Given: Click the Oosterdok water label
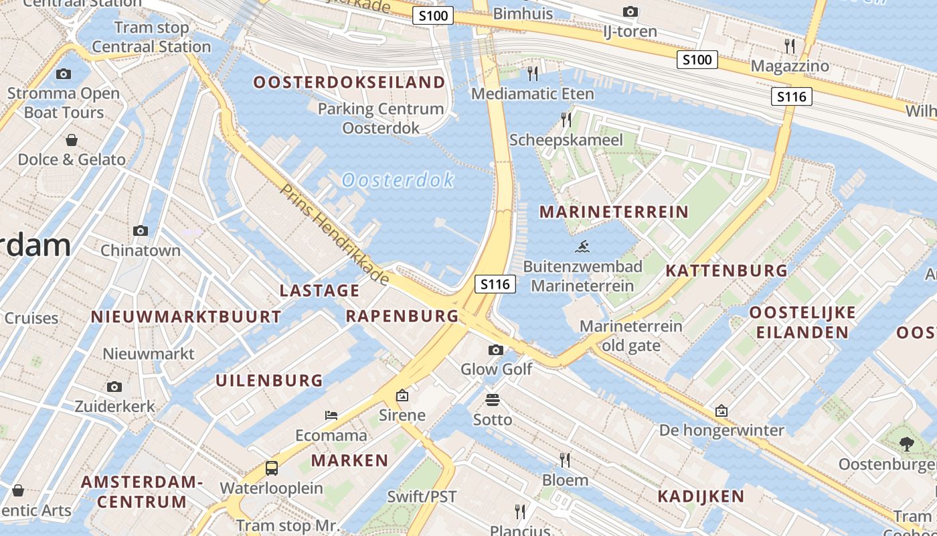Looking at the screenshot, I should [x=398, y=180].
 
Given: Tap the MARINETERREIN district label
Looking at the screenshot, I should [x=614, y=212].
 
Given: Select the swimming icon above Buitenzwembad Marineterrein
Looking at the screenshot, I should [x=582, y=247].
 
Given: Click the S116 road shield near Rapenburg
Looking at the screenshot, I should [x=496, y=284].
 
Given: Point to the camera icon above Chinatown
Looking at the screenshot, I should [x=141, y=230].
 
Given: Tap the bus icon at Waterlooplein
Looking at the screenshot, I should [x=272, y=468].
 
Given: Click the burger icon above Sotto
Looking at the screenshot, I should [x=493, y=401].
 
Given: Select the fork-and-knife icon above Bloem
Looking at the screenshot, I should [x=565, y=460].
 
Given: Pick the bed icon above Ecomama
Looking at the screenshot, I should [x=331, y=415].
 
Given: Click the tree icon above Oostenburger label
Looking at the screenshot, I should [x=906, y=443].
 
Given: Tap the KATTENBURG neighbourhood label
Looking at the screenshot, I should [x=726, y=271].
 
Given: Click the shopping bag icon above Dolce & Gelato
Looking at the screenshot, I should [x=71, y=140].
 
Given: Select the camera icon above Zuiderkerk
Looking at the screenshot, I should [x=114, y=387].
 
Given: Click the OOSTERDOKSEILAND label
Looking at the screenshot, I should [x=349, y=82].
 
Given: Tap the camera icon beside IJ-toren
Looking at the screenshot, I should [x=630, y=11].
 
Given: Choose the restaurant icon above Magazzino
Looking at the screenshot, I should [x=790, y=46].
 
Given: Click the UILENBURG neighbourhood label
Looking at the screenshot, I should [x=269, y=381].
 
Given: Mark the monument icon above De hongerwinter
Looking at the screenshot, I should [x=721, y=410].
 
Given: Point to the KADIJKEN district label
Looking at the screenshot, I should [x=700, y=496].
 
